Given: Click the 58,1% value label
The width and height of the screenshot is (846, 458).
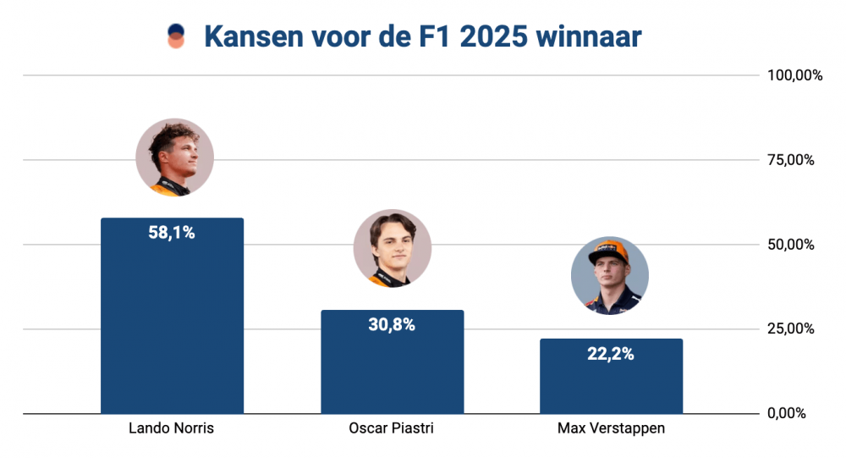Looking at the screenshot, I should click(x=172, y=233).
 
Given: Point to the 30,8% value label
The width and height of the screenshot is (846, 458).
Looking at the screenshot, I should click(x=392, y=324).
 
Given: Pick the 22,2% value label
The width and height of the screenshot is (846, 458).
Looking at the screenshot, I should click(x=611, y=354).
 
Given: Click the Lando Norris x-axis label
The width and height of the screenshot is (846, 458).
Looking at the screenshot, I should click(x=172, y=428).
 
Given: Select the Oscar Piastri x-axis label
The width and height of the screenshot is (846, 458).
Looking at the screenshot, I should click(x=392, y=428).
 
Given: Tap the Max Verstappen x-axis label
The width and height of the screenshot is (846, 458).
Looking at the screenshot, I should click(x=611, y=428).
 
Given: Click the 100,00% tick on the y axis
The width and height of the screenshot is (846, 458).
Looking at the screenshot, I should click(x=794, y=75).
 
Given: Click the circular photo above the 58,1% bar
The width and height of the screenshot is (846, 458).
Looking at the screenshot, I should click(x=175, y=157).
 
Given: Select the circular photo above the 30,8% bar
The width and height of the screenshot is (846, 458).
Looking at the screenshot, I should click(x=393, y=248).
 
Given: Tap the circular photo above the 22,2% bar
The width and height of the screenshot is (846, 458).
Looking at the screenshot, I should click(x=610, y=276).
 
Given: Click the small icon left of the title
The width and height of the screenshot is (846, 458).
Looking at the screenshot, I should click(x=176, y=36).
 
